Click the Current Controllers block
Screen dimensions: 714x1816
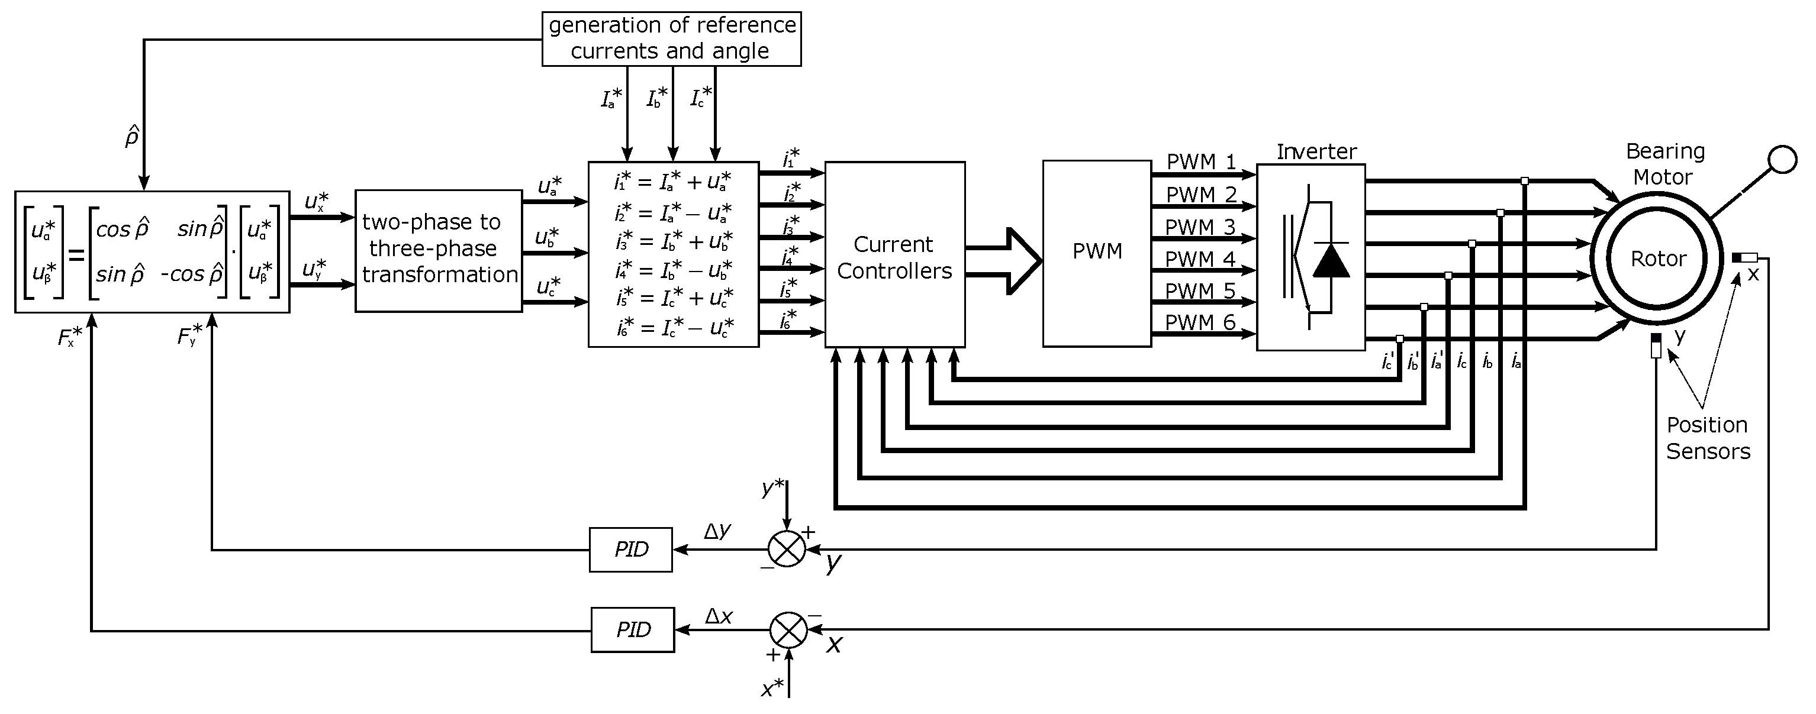pyautogui.click(x=894, y=255)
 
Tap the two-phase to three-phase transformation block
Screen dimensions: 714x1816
pyautogui.click(x=439, y=250)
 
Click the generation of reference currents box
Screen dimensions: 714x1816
pyautogui.click(x=671, y=39)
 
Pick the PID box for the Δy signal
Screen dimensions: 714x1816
pyautogui.click(x=631, y=549)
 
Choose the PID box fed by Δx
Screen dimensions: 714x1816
pyautogui.click(x=632, y=629)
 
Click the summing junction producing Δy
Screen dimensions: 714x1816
pyautogui.click(x=786, y=549)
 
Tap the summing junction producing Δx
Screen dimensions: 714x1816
pyautogui.click(x=788, y=629)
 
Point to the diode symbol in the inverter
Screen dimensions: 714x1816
pyautogui.click(x=1330, y=260)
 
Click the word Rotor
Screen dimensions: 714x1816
pyautogui.click(x=1658, y=259)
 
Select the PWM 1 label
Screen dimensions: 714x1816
pyautogui.click(x=1200, y=161)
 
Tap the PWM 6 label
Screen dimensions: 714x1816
pyautogui.click(x=1200, y=322)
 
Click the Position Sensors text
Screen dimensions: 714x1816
pyautogui.click(x=1708, y=438)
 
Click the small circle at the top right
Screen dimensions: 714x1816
pyautogui.click(x=1783, y=159)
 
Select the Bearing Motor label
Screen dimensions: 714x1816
pyautogui.click(x=1664, y=163)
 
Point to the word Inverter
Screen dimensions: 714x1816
pyautogui.click(x=1316, y=151)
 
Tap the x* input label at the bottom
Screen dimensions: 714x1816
pyautogui.click(x=772, y=689)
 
